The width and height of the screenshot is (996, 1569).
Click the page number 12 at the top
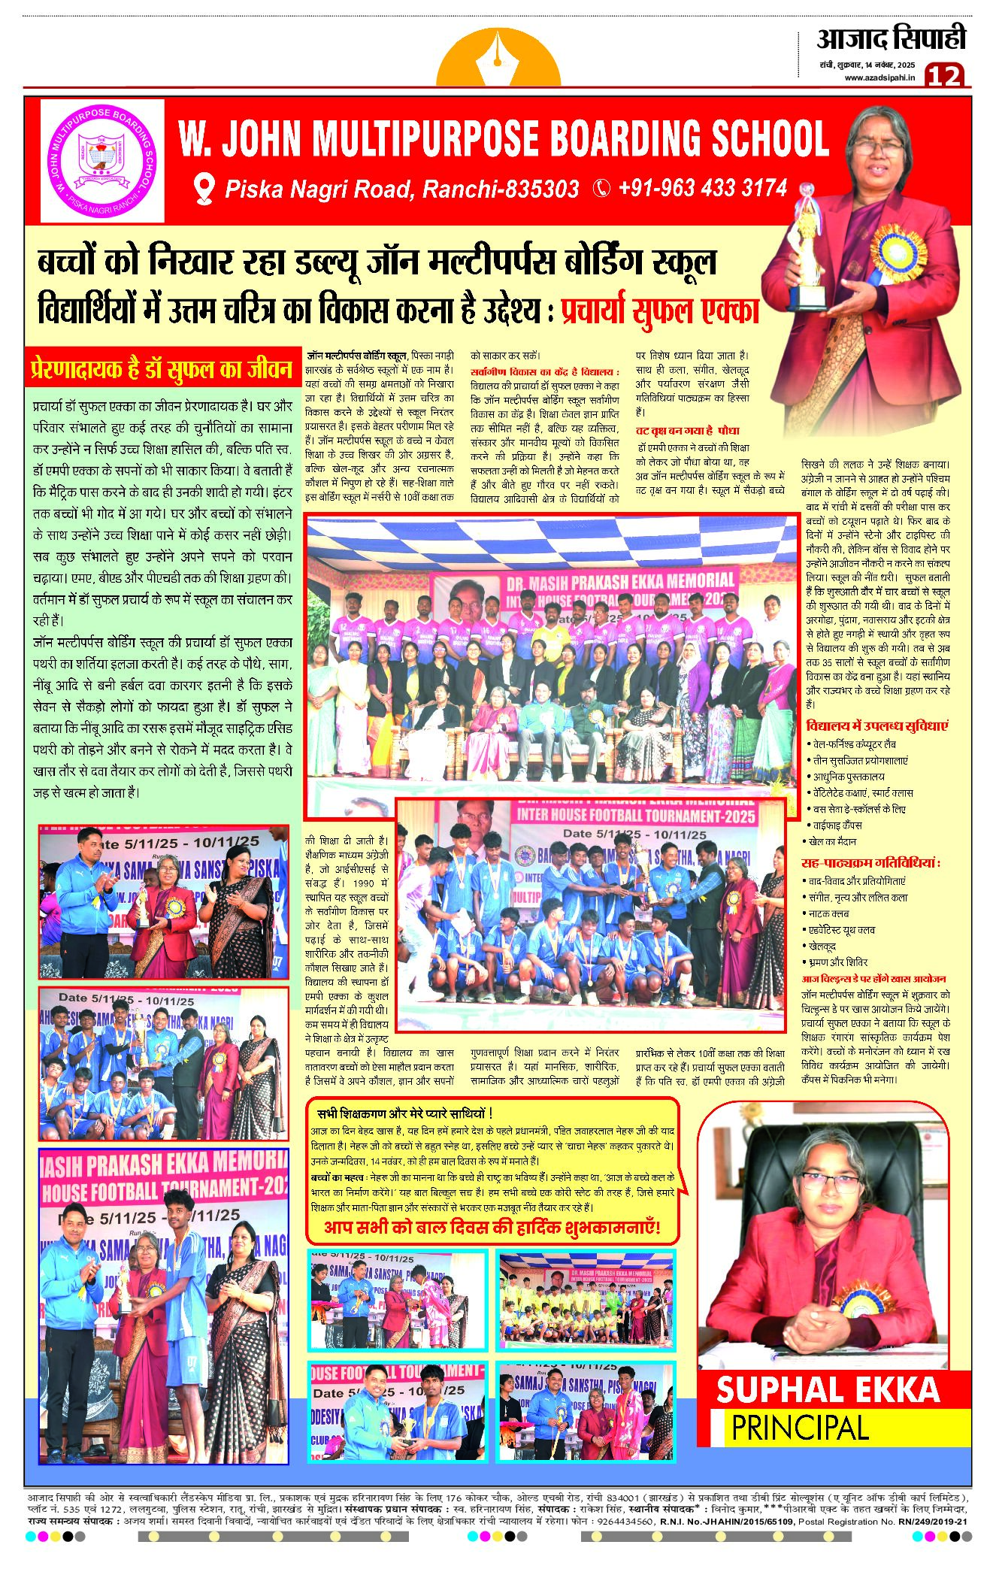tap(944, 76)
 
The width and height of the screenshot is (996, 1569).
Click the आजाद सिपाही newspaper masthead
tap(891, 38)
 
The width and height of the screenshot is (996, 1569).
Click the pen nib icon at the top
tap(498, 59)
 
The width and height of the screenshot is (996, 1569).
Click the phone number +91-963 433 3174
tap(702, 188)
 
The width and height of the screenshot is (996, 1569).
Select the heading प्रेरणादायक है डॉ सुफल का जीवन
tap(162, 369)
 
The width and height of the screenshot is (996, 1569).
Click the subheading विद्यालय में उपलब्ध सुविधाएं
tap(876, 726)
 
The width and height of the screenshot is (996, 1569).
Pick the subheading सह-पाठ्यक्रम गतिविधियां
tap(871, 862)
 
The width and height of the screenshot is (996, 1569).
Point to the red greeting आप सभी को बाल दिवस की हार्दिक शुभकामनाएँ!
tap(492, 1228)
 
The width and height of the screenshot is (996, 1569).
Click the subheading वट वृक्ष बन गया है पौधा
tap(687, 431)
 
